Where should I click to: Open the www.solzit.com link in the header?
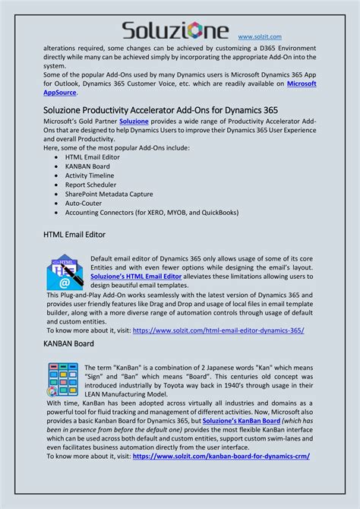point(260,36)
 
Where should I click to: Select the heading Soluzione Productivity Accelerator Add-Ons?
point(159,109)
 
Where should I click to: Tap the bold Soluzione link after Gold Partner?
point(134,122)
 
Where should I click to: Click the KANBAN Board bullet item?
point(87,166)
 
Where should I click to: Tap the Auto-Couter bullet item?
point(84,203)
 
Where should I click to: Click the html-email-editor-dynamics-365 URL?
point(218,330)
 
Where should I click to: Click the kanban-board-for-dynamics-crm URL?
point(221,456)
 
